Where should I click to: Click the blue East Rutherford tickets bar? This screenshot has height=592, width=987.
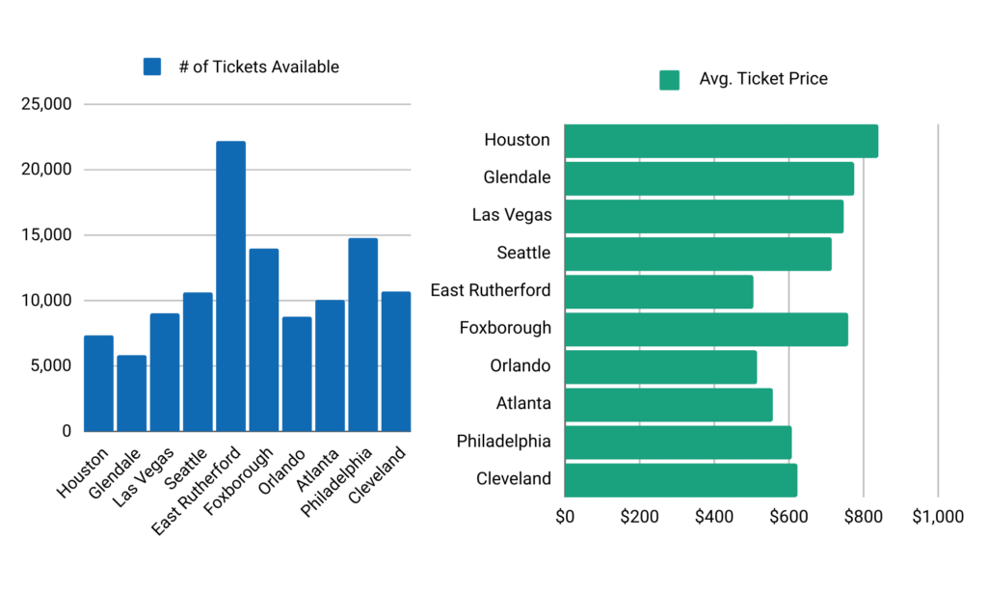[x=230, y=286]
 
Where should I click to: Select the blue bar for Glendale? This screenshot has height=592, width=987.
[x=131, y=393]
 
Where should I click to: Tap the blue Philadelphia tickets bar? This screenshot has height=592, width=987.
[x=362, y=335]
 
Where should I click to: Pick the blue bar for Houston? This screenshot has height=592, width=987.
[x=98, y=384]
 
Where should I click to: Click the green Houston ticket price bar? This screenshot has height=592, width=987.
[x=721, y=141]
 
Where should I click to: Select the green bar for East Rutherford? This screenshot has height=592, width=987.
[x=658, y=291]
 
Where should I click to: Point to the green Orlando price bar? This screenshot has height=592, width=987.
[x=660, y=366]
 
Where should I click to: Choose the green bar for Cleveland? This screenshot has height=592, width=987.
[x=680, y=479]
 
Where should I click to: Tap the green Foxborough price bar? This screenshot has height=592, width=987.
[x=706, y=329]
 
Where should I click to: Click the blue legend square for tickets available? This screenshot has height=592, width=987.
[x=152, y=67]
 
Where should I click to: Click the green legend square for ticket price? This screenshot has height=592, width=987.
[x=669, y=79]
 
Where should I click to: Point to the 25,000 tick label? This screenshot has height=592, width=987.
[x=46, y=104]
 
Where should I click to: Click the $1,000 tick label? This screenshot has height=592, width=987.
[x=938, y=517]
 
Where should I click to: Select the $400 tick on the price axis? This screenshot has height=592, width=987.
[x=714, y=517]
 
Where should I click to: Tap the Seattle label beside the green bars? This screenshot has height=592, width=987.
[x=523, y=254]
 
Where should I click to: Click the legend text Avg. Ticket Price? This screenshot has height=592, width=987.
[x=763, y=79]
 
